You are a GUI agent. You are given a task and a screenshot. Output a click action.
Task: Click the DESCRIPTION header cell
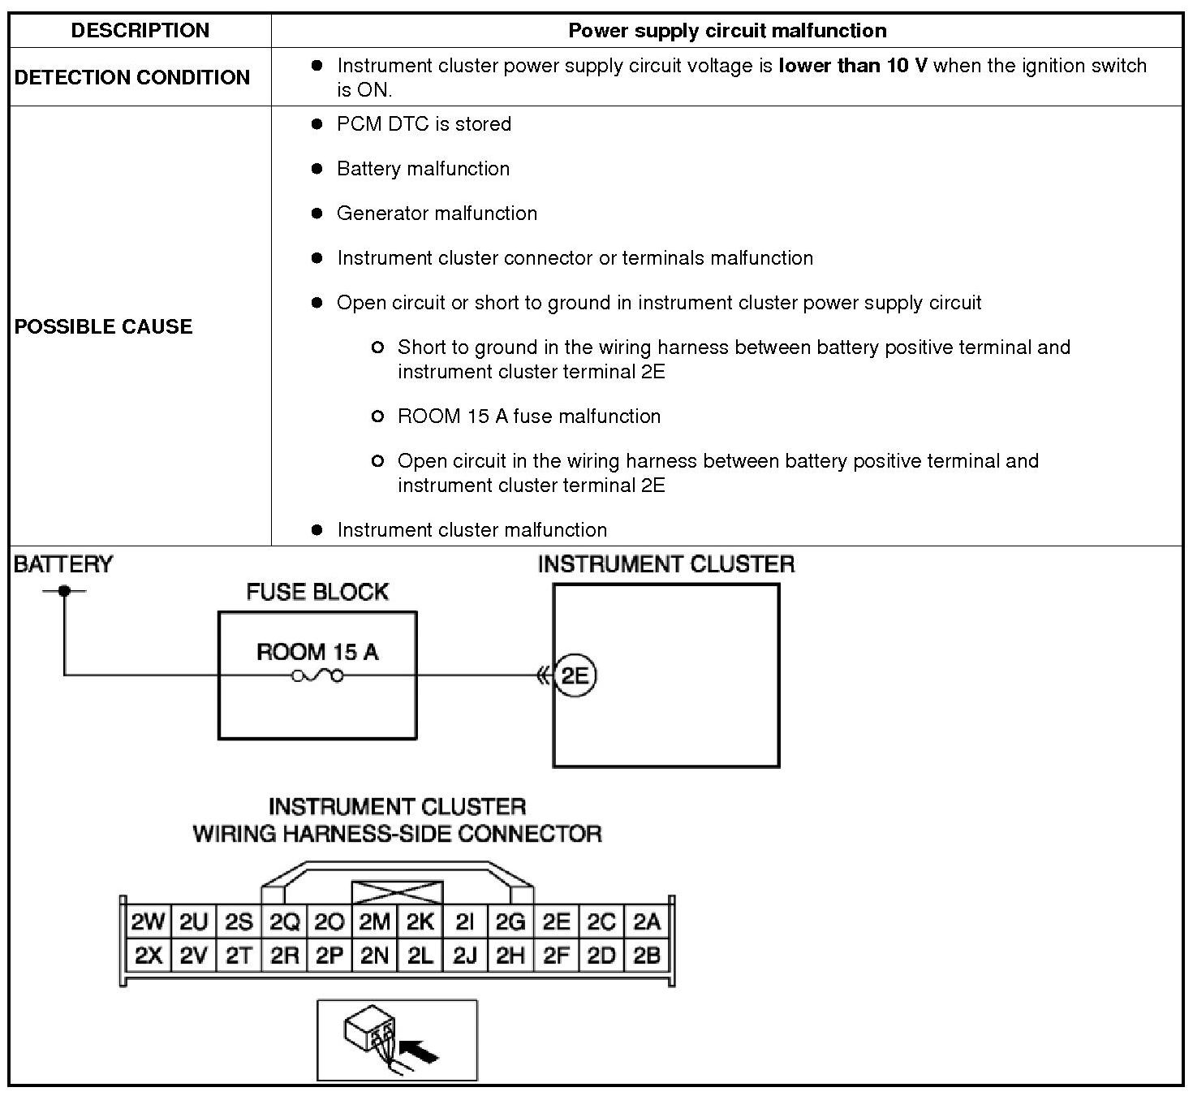tap(140, 31)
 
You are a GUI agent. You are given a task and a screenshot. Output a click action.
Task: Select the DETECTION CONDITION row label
tap(132, 77)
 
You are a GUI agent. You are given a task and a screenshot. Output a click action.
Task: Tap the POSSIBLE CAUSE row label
tap(104, 326)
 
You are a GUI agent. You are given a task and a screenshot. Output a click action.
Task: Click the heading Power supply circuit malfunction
tap(727, 31)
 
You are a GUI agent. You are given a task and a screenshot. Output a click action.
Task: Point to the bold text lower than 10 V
tap(852, 66)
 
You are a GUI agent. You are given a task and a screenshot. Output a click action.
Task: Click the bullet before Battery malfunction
tap(317, 169)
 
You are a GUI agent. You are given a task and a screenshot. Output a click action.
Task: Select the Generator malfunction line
tap(437, 214)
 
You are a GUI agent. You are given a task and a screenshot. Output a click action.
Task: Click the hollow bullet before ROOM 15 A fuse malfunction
tap(377, 416)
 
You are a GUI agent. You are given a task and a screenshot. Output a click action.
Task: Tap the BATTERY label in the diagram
tap(63, 564)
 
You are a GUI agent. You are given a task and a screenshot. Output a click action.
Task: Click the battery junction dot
tap(64, 591)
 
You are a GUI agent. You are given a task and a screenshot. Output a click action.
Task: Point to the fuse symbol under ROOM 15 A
tap(317, 675)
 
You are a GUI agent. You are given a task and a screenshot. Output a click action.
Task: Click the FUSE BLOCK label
tap(317, 592)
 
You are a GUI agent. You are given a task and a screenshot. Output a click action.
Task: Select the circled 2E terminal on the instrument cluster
tap(575, 675)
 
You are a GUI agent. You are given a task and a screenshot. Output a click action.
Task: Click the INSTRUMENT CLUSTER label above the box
tap(665, 564)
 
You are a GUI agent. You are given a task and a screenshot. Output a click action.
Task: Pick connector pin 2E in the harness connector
tap(556, 921)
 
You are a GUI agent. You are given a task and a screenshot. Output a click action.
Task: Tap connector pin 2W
tap(148, 921)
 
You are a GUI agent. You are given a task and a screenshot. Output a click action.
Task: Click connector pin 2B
tap(647, 956)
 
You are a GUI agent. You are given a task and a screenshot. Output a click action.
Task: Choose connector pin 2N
tap(374, 956)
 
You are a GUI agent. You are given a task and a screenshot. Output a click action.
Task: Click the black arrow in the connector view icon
tap(420, 1053)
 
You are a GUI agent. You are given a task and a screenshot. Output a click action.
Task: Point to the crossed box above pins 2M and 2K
tap(397, 892)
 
